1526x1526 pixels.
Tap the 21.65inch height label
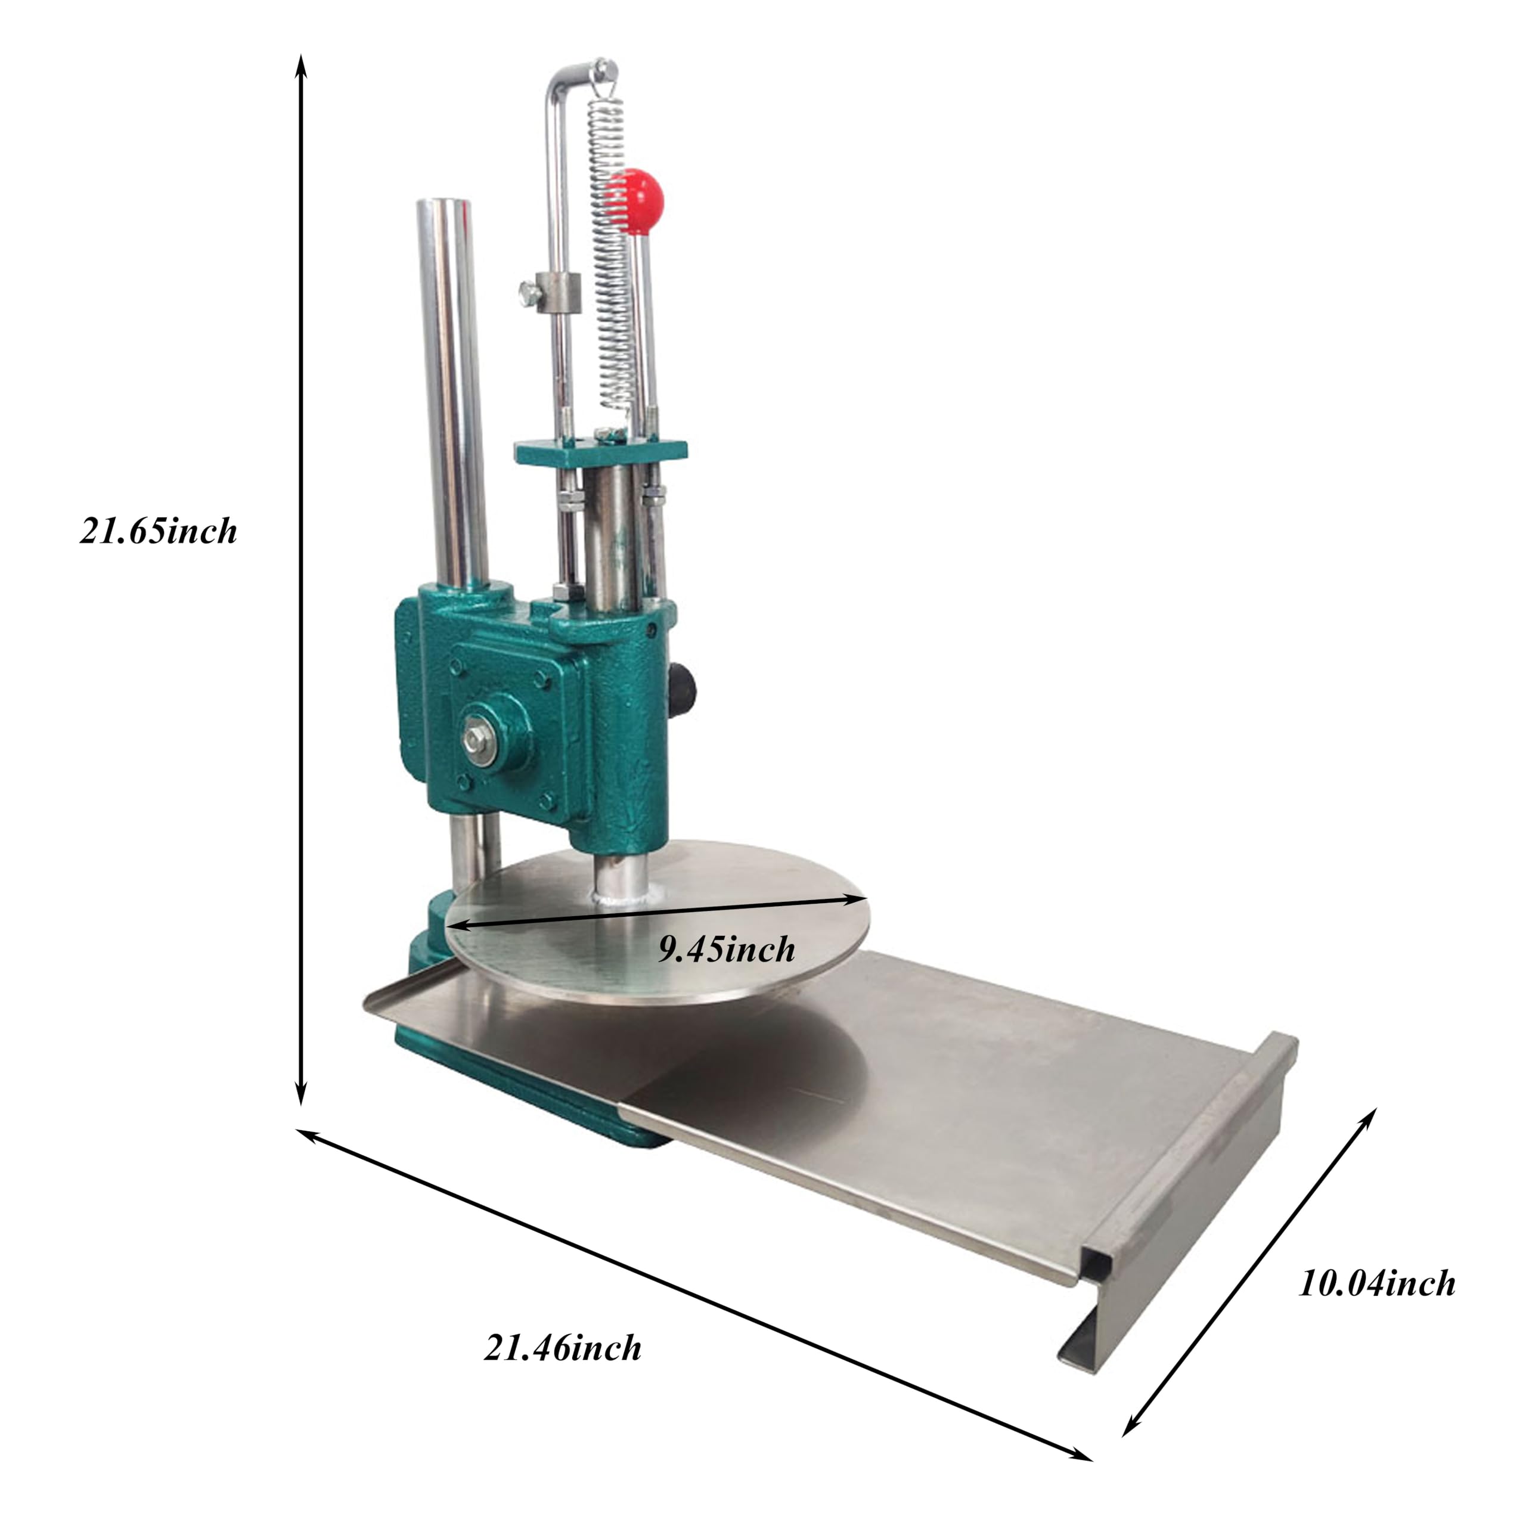tap(158, 532)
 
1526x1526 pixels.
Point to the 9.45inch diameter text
tap(727, 950)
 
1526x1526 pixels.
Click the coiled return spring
tap(614, 260)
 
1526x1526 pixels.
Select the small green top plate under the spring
tap(600, 452)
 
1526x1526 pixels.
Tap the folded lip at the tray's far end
tap(1264, 1106)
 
